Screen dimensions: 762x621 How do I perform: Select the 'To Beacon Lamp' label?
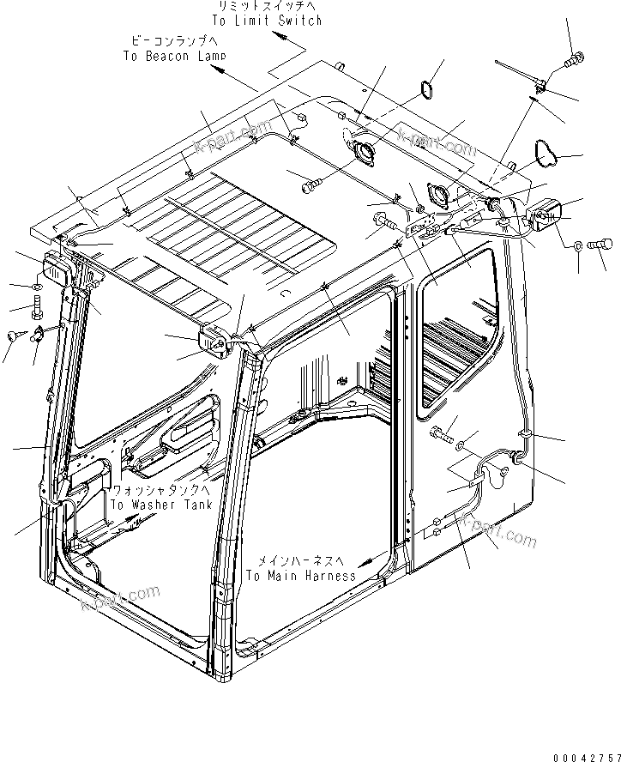coord(174,57)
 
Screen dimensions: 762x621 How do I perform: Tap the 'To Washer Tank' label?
coord(160,505)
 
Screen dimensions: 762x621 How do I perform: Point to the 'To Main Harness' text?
coord(300,576)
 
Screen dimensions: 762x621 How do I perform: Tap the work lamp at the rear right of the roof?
coord(545,216)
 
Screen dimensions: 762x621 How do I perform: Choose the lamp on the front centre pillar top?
coord(214,339)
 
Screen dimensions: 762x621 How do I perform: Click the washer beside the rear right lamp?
coord(577,247)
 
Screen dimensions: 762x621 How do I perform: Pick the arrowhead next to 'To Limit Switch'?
coord(280,37)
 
